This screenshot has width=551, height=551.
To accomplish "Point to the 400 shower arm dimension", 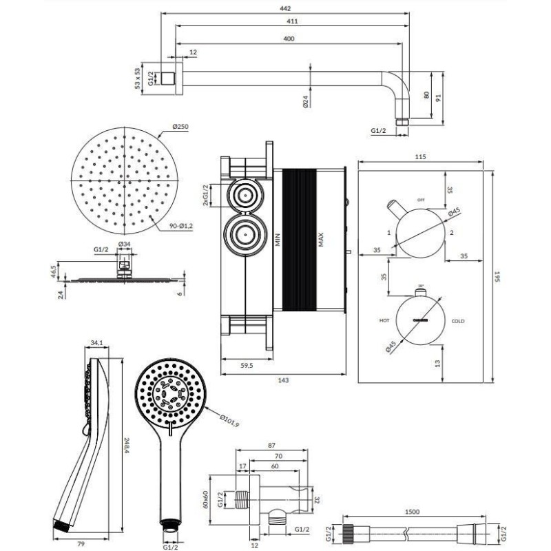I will (x=288, y=39).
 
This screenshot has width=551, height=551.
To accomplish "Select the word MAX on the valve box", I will (x=320, y=240).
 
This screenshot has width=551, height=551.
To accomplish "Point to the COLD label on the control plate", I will (x=459, y=322).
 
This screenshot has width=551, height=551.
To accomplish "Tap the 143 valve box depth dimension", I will (x=282, y=380).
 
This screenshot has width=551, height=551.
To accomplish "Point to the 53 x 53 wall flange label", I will (x=138, y=78).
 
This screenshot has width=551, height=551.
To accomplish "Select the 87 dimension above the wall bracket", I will (x=271, y=446).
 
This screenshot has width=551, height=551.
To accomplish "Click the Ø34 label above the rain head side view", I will (x=125, y=245).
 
